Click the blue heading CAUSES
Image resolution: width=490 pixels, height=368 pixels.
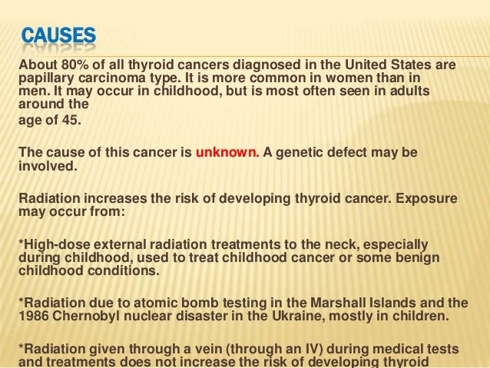click(58, 35)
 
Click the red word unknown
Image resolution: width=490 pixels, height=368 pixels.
click(227, 152)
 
